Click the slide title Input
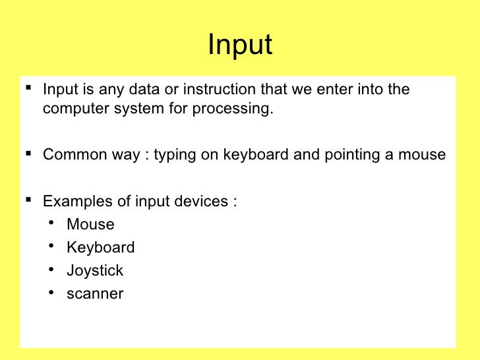click(x=239, y=45)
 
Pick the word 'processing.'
click(x=232, y=109)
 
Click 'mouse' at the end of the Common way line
click(x=424, y=156)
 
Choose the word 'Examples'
click(x=73, y=202)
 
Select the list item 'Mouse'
click(x=90, y=224)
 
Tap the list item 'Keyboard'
click(x=100, y=248)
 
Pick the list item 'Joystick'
click(x=95, y=271)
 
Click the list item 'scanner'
click(x=95, y=294)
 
